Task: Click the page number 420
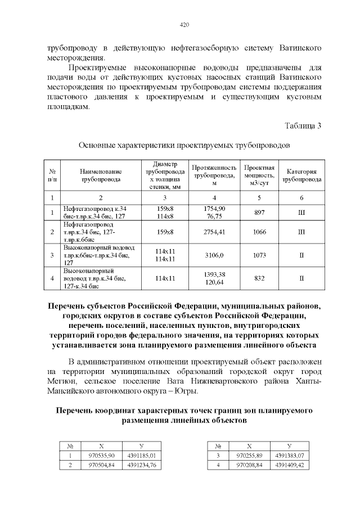pos(184,25)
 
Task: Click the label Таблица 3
pos(303,125)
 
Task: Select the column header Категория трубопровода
pos(301,175)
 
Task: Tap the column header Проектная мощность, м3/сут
pos(259,175)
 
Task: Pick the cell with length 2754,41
pos(214,232)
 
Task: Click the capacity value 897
pos(259,212)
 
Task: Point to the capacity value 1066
pos(259,232)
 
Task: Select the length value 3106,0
pos(214,255)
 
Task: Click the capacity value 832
pos(259,278)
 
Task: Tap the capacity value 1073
pos(259,255)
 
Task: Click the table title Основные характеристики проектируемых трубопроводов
pos(184,145)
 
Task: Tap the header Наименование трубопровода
pos(101,175)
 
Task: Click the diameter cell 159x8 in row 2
pos(165,232)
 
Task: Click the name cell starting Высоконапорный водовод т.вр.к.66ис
pos(100,255)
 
